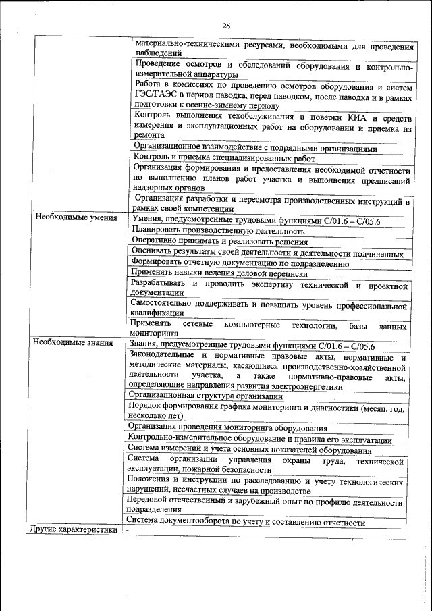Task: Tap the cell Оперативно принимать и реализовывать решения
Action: [x=220, y=242]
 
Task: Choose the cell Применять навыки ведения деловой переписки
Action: [x=220, y=274]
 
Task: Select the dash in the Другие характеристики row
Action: [x=128, y=530]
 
